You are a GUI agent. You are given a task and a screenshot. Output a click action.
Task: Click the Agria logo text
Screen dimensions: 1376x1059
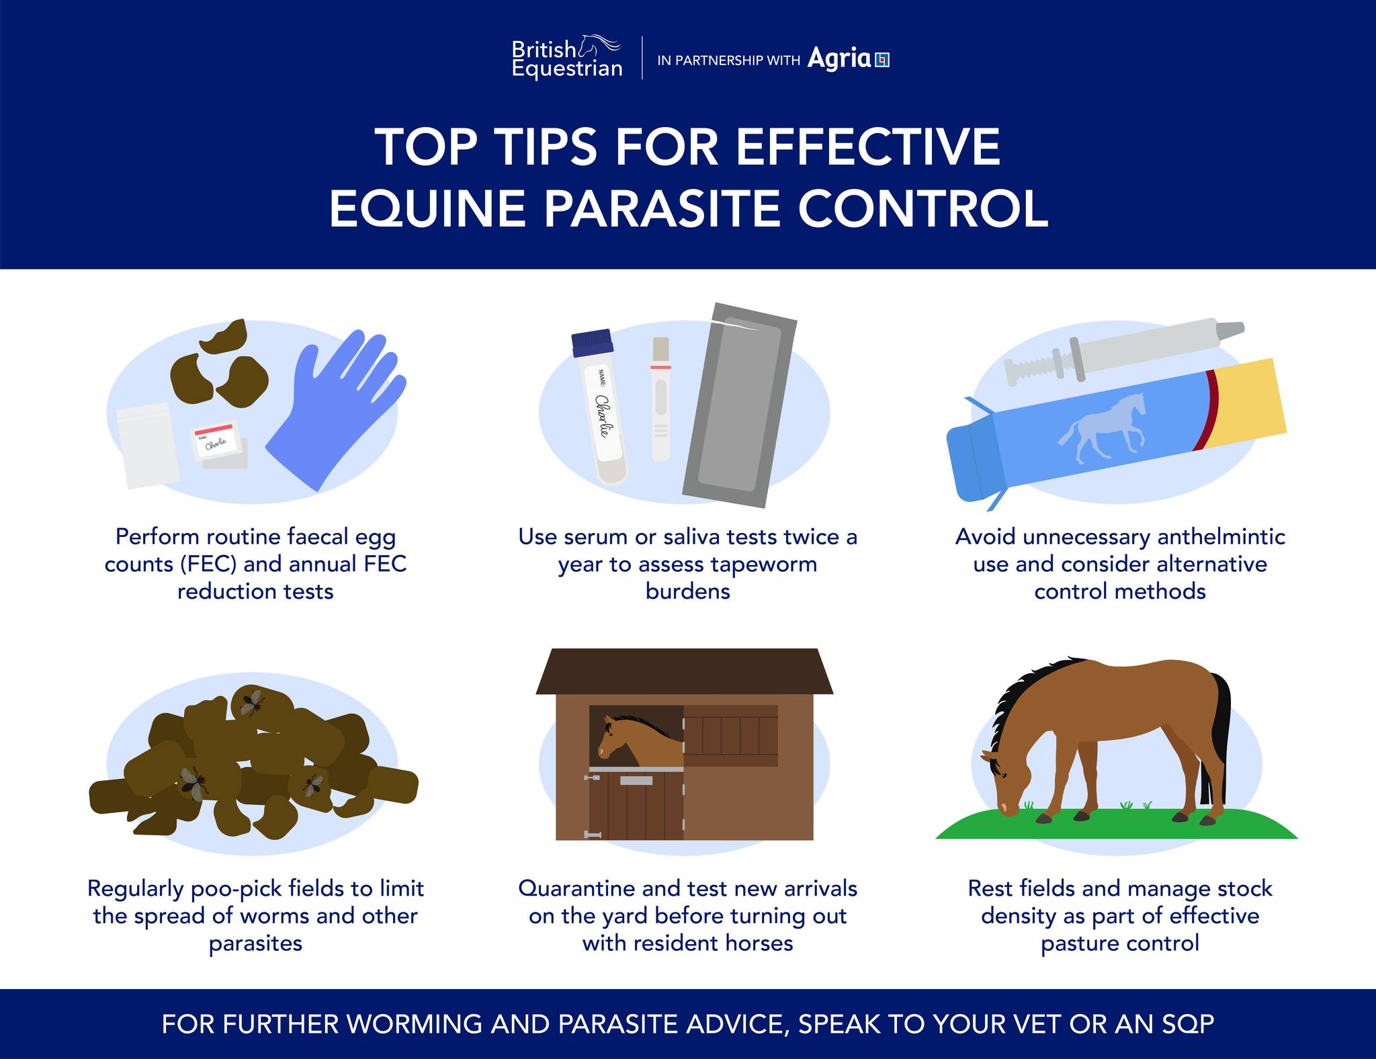coord(839,58)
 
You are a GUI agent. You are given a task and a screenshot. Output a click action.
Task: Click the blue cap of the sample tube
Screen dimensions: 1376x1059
coord(593,342)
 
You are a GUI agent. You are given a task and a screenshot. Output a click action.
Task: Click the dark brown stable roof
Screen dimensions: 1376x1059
coord(684,671)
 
